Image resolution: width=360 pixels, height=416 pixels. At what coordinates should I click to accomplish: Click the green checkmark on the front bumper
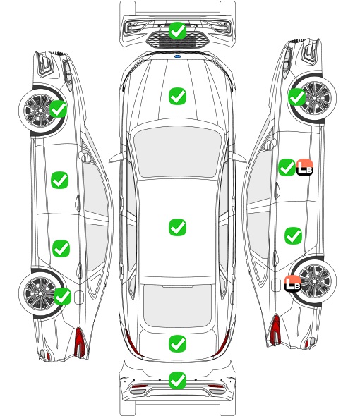pos(177,31)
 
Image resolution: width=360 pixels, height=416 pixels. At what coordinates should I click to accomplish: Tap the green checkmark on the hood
pos(177,96)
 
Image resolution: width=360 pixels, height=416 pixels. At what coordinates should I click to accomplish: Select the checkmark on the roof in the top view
pos(177,227)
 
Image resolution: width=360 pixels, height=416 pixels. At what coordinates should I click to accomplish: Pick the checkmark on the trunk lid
pos(177,344)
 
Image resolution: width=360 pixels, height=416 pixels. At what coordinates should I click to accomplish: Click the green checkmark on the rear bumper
pos(177,381)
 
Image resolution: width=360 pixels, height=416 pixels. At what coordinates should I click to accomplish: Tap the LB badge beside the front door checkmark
pos(305,167)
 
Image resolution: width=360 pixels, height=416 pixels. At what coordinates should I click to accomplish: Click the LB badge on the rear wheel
pos(292,284)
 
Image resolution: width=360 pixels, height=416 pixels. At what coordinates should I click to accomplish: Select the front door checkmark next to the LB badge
pos(287,167)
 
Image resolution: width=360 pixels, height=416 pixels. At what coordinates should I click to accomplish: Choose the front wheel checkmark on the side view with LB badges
pos(296,97)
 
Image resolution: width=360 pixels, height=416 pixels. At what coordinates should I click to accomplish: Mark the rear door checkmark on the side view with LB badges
pos(294,235)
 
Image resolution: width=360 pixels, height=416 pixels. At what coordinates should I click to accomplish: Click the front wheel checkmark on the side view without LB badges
pos(58,109)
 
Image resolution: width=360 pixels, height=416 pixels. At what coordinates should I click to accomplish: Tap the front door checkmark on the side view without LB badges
pos(60,180)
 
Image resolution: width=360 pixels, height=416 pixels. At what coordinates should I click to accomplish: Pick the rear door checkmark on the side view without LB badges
pos(61,248)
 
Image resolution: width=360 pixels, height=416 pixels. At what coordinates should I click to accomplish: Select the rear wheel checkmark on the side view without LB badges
pos(62,296)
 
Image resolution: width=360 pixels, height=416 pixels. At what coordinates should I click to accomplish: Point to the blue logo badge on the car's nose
pos(177,56)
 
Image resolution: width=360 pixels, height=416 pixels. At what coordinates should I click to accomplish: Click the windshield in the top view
pos(177,151)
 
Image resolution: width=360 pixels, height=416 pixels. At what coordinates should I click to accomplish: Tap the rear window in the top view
pos(177,306)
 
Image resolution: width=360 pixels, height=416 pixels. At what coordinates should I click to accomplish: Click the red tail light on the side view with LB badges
pos(275,329)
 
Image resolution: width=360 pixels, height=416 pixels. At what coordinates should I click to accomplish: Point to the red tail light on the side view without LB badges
pos(80,341)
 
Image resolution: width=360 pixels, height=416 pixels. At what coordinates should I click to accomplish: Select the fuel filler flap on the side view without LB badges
pos(79,298)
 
